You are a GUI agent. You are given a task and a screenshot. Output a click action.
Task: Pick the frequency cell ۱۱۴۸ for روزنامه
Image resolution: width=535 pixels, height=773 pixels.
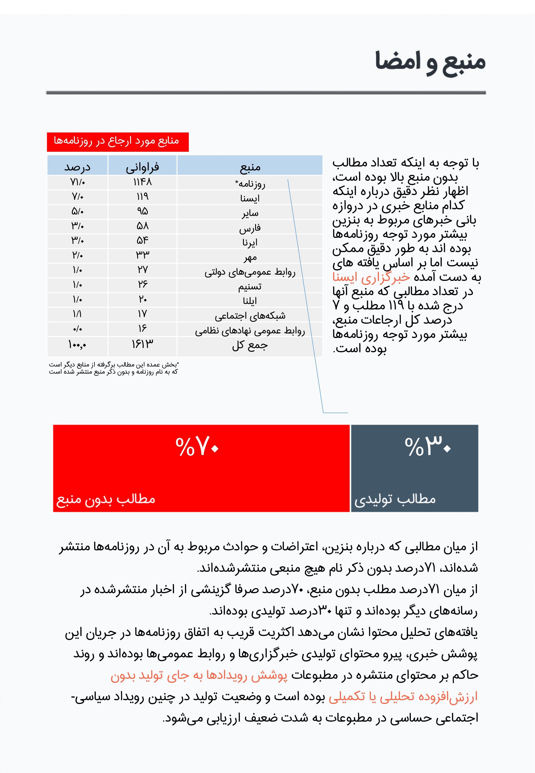142,182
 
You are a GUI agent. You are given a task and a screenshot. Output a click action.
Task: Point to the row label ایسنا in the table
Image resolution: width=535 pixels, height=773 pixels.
250,198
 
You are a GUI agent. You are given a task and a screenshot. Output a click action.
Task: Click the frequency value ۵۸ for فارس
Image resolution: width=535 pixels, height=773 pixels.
142,226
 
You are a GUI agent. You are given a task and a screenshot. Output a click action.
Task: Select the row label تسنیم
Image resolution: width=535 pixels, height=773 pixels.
250,286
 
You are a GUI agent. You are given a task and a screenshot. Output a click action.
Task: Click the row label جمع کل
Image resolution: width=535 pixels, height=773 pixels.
250,345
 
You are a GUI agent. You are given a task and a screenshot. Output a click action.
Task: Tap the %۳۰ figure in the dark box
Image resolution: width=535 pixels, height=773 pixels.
428,446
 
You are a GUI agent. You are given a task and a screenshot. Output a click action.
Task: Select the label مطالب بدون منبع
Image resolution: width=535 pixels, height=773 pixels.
106,499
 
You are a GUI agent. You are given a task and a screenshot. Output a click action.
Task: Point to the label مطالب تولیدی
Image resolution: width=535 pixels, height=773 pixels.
395,499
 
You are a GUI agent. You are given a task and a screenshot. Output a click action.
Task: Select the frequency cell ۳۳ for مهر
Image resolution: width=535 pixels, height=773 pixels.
142,255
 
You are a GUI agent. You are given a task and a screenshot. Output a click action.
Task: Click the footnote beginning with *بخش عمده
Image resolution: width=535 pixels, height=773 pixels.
114,368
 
